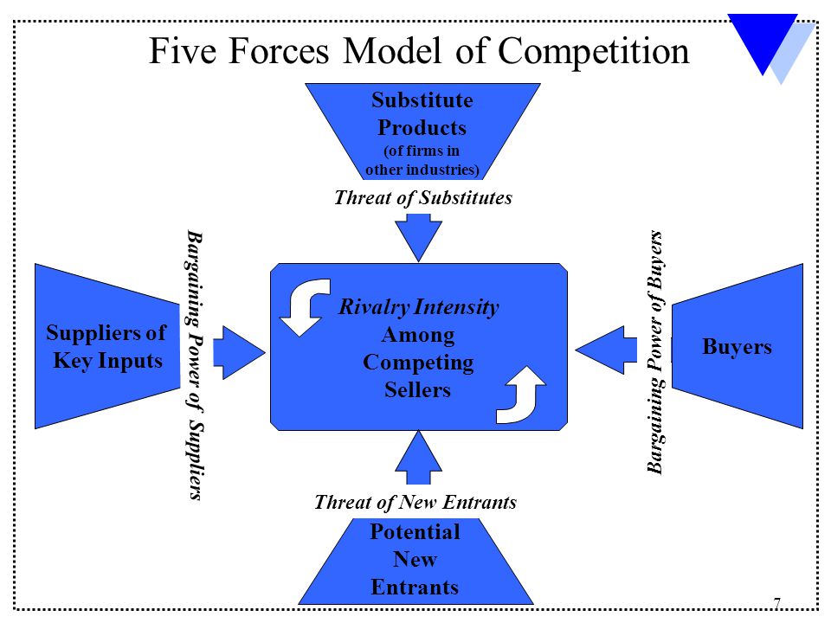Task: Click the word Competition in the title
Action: [594, 53]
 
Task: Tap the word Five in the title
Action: [183, 51]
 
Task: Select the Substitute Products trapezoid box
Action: [422, 132]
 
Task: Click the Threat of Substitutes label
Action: [423, 197]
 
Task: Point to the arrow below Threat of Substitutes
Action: [419, 237]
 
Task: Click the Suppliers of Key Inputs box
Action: [107, 346]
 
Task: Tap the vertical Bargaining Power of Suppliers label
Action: [195, 365]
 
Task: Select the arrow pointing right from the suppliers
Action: [239, 352]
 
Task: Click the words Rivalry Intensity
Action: [419, 306]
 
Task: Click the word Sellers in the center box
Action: [417, 390]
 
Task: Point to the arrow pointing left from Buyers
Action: [606, 350]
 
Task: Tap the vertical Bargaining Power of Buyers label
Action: [655, 352]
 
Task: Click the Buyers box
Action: [738, 346]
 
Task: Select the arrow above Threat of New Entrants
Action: [419, 457]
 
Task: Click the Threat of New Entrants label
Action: [415, 502]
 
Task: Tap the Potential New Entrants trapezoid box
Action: [415, 561]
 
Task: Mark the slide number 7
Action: [777, 603]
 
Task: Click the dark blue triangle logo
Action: [763, 40]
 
